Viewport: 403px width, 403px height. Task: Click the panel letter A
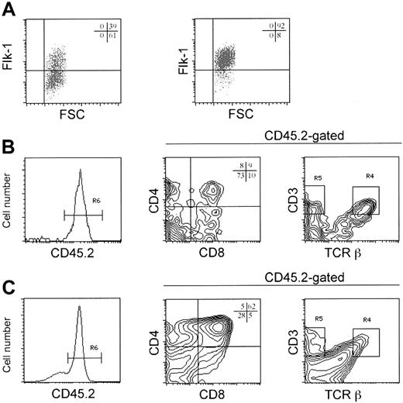tap(11, 12)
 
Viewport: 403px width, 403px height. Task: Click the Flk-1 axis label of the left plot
tap(13, 57)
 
